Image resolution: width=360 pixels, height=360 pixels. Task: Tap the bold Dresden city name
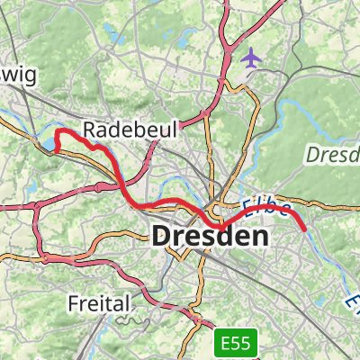click(x=211, y=238)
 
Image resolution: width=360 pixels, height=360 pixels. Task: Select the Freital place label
click(x=99, y=303)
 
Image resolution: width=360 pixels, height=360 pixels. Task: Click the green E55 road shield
click(x=237, y=343)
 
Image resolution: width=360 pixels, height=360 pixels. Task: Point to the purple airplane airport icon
click(x=251, y=57)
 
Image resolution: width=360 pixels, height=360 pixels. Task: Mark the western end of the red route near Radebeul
click(x=57, y=149)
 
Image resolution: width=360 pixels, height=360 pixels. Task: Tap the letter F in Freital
click(x=74, y=303)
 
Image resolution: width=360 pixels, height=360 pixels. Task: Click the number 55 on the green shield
click(x=244, y=343)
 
